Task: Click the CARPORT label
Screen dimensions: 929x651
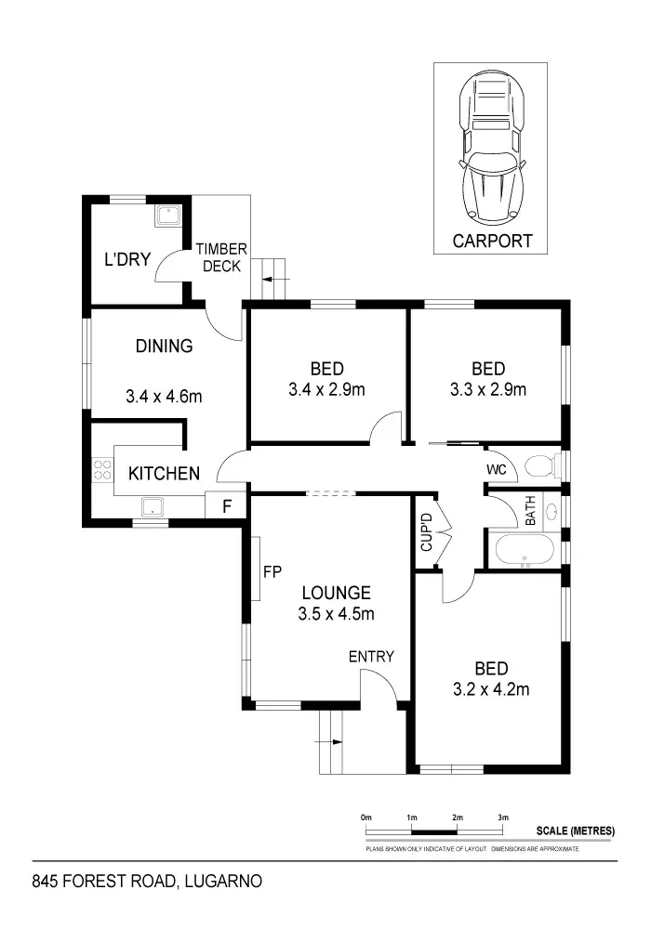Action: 492,241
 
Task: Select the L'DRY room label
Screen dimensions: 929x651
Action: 126,259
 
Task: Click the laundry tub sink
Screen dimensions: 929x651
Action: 167,217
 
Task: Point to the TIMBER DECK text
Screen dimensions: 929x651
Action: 220,257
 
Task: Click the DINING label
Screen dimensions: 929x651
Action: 164,347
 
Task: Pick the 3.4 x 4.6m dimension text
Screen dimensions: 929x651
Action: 164,397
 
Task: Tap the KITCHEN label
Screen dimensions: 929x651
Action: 164,474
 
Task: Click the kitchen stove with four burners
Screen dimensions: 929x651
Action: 101,471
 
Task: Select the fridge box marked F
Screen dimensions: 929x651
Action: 226,507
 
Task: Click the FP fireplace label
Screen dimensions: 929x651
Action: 272,571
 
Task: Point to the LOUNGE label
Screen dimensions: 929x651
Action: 336,593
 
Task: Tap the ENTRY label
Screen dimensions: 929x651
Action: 371,657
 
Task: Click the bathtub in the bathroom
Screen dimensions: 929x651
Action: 525,550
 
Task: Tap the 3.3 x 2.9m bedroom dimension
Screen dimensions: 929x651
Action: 487,389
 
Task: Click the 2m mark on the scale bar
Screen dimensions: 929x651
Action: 458,817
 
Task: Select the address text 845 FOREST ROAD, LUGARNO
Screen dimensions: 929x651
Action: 146,880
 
